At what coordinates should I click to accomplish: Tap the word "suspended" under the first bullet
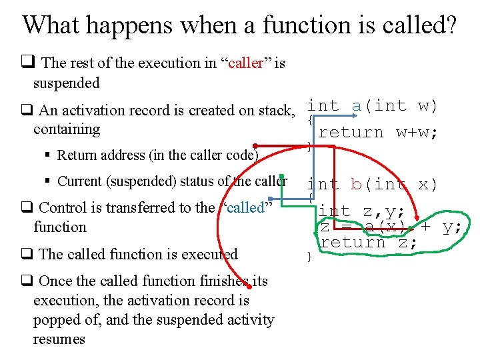point(66,83)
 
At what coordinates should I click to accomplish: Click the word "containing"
point(66,129)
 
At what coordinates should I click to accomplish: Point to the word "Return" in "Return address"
point(76,156)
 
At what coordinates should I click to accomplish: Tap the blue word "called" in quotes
point(245,207)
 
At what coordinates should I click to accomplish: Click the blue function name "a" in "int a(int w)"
point(357,106)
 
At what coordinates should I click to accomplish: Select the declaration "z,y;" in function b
point(383,211)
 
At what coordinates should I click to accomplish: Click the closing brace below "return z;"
point(309,257)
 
